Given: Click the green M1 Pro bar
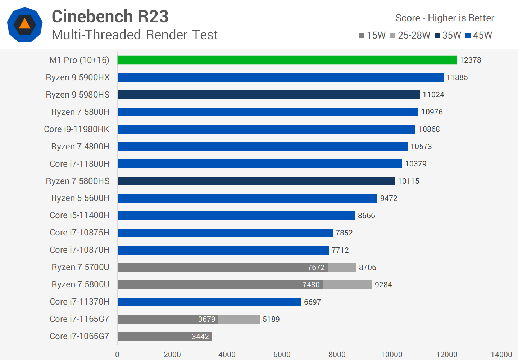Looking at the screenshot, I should point(287,60).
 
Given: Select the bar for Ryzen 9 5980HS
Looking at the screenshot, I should point(268,95).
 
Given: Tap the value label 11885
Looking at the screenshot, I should point(457,77).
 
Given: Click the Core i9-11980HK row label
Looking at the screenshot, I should point(77,129).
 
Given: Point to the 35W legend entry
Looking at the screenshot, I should point(448,35).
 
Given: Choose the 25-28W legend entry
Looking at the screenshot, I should point(410,35).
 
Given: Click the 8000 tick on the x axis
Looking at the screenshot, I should point(337,354).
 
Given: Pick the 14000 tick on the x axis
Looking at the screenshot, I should point(501,354).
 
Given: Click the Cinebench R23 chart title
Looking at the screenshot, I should point(110,17).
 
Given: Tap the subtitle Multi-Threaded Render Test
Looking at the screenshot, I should point(135,35).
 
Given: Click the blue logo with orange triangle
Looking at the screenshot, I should point(25,24).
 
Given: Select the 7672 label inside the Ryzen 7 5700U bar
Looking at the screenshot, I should point(316,267).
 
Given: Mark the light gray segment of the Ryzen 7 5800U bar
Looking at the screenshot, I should point(347,285).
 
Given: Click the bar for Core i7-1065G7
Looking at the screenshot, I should point(164,337).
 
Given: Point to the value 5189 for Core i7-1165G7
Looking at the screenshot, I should point(271,319).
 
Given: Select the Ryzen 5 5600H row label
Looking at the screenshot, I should point(80,198).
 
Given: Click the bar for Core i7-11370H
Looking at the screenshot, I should point(209,302).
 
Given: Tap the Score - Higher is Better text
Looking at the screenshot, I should point(445,18).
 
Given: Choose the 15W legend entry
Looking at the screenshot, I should point(372,35).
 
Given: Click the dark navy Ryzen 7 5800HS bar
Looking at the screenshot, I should point(256,181).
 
